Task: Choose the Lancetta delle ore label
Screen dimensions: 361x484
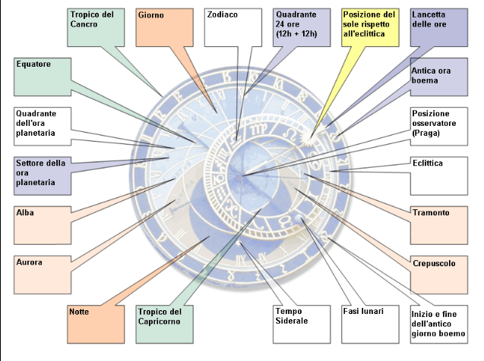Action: (x=438, y=27)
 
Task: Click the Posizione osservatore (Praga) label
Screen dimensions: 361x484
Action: (x=438, y=125)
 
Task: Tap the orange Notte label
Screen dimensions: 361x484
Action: (x=96, y=322)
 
